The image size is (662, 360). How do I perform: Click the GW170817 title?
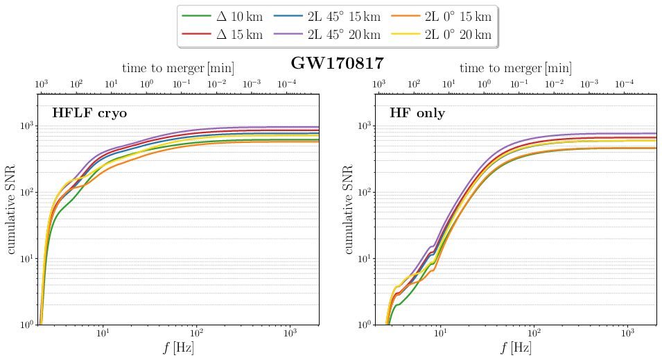point(337,63)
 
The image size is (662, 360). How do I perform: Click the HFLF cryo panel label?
point(89,112)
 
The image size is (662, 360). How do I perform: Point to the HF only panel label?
point(417,112)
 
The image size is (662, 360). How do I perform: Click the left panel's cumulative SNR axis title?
point(12,210)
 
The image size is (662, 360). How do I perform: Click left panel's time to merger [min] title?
point(178,68)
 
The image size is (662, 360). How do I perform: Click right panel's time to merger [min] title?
point(516,68)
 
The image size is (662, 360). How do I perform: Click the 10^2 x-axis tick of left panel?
point(197,333)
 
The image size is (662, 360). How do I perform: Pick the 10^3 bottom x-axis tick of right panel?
point(628,333)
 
